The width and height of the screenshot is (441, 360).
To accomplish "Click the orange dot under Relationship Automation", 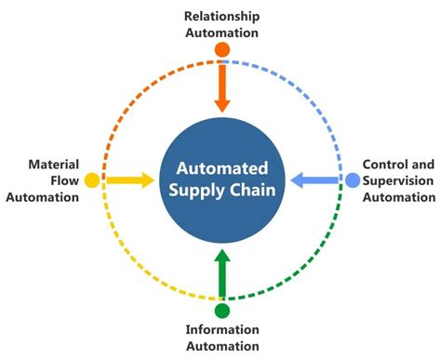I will (221, 48).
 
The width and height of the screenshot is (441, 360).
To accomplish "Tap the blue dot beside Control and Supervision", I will (353, 180).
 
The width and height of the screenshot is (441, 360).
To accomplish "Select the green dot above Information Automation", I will (221, 310).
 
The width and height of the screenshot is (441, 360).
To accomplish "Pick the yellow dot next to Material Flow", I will (91, 180).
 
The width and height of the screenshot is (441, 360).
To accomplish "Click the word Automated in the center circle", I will (221, 169).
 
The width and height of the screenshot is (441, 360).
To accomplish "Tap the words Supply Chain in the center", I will (221, 192).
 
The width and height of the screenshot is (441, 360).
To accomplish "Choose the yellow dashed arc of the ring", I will (129, 272).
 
